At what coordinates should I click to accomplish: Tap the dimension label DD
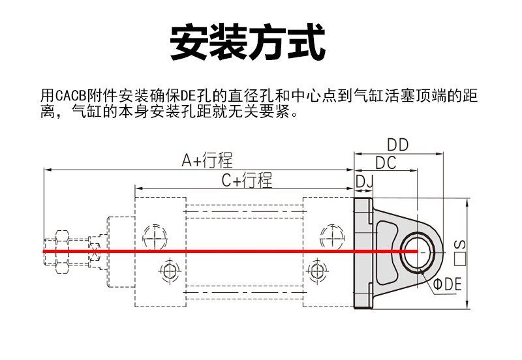click(x=397, y=145)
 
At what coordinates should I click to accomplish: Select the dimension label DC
click(x=386, y=163)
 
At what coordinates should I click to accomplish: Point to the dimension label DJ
click(x=363, y=181)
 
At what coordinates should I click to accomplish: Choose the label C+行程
click(x=247, y=181)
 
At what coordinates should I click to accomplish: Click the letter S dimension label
click(x=459, y=245)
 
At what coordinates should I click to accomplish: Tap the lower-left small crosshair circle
click(x=170, y=270)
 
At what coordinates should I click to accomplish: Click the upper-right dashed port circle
click(x=331, y=235)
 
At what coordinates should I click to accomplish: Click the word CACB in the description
click(x=72, y=97)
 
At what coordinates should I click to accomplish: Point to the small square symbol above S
click(x=459, y=260)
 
